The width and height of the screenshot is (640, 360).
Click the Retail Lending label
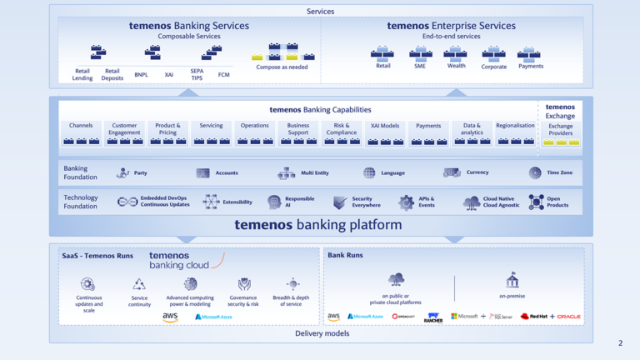[82, 75]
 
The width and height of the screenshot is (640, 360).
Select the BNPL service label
[141, 75]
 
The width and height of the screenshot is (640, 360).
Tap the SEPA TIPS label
[197, 75]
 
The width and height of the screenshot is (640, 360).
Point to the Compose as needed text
[281, 67]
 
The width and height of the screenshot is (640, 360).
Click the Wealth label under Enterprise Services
[456, 66]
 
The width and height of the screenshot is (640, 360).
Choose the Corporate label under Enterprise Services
[493, 67]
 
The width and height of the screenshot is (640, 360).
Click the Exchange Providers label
[560, 129]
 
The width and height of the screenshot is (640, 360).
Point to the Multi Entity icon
[287, 173]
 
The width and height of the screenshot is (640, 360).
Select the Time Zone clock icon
[535, 173]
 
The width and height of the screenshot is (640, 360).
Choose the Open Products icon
[536, 202]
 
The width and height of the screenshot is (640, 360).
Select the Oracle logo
[569, 317]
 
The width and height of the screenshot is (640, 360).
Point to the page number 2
[620, 343]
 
